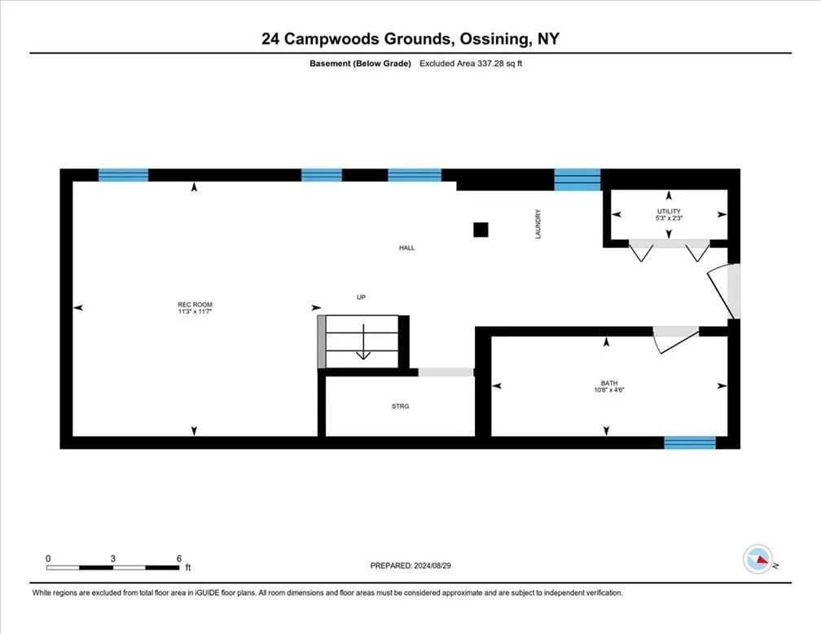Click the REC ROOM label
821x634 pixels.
195,305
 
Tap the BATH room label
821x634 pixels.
609,383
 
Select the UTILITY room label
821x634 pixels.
669,211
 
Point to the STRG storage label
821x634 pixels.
401,406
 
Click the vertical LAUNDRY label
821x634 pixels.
538,224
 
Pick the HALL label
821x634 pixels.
407,248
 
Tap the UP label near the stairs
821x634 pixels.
361,297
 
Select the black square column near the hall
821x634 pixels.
481,230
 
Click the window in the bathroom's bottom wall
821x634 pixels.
690,442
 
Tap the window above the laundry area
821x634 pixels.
577,180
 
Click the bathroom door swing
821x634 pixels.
674,340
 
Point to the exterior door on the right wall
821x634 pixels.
725,291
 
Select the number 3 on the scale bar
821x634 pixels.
112,558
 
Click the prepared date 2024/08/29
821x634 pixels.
432,566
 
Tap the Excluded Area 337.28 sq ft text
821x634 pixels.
471,64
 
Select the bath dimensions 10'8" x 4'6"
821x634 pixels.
609,390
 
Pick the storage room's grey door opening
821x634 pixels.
446,372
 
